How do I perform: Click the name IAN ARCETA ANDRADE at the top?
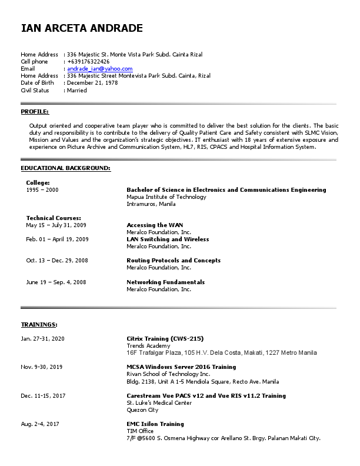(x=82, y=28)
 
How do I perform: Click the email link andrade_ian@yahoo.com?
(x=99, y=69)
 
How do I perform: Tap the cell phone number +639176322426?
(x=88, y=62)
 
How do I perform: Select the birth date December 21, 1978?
(x=92, y=83)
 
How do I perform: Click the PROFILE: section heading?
(x=35, y=112)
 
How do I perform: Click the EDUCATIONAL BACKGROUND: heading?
(x=65, y=168)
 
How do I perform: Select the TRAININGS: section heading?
(x=39, y=324)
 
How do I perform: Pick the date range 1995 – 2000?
(x=42, y=190)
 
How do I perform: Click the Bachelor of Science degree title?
(x=226, y=190)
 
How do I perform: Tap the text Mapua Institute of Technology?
(x=166, y=197)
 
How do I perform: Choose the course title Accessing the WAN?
(x=155, y=225)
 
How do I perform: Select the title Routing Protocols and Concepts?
(x=174, y=261)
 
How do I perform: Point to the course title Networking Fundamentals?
(x=165, y=282)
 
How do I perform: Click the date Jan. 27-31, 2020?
(x=43, y=339)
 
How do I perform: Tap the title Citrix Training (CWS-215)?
(x=165, y=339)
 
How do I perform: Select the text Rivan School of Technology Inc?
(x=168, y=374)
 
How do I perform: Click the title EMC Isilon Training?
(x=155, y=424)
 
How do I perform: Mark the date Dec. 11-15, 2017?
(x=43, y=396)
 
